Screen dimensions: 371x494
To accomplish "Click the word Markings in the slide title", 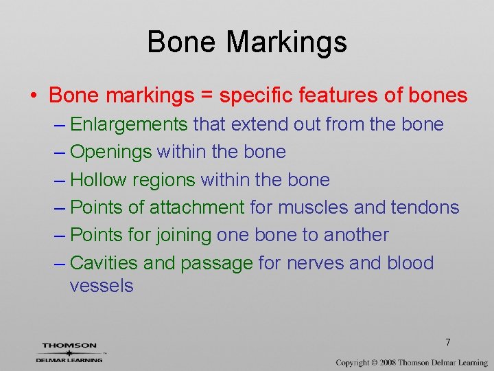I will [287, 43].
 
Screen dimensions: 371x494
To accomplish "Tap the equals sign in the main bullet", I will [207, 95].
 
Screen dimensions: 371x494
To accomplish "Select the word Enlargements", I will [129, 124].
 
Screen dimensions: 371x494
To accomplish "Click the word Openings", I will [111, 152].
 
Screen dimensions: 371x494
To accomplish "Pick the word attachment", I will [197, 207].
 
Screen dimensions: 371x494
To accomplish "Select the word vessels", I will [102, 286].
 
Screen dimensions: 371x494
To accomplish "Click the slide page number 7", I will [447, 342].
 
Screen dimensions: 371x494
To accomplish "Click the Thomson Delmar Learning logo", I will [70, 352].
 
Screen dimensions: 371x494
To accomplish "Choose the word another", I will [356, 235].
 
